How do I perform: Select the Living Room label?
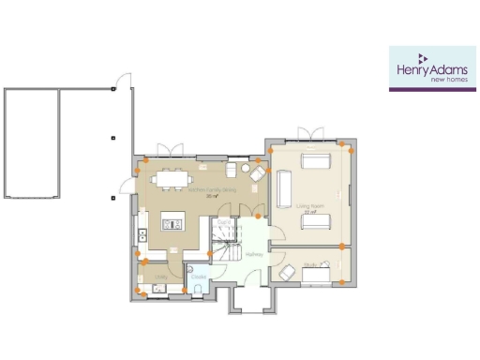(x=307, y=204)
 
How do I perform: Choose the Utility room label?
(x=160, y=276)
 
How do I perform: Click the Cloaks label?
(x=198, y=277)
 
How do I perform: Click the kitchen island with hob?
(x=173, y=221)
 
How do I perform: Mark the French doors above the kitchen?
(x=171, y=150)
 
